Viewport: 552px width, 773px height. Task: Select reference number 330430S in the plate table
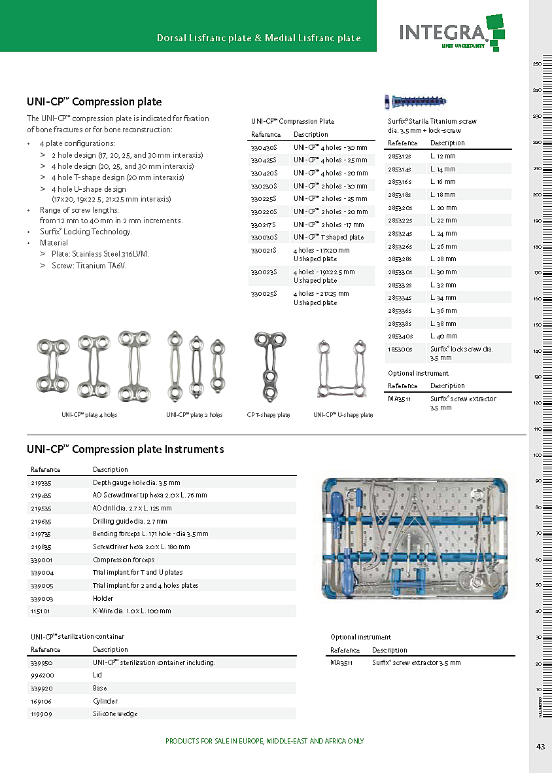pyautogui.click(x=264, y=148)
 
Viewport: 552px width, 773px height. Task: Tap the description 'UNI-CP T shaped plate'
pyautogui.click(x=328, y=237)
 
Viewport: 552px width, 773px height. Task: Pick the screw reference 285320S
pyautogui.click(x=400, y=207)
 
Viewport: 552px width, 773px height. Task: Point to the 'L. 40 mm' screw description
pyautogui.click(x=443, y=336)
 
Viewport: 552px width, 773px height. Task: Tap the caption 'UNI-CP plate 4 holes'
pyautogui.click(x=90, y=415)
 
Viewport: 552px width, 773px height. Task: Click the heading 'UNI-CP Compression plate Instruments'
pyautogui.click(x=125, y=449)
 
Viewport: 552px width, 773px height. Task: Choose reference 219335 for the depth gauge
pyautogui.click(x=41, y=482)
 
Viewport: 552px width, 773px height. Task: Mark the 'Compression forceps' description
pyautogui.click(x=124, y=560)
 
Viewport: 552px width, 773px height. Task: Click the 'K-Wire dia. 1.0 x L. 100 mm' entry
pyautogui.click(x=131, y=611)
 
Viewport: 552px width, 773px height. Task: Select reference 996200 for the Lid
pyautogui.click(x=43, y=675)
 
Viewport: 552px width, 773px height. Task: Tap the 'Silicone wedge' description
pyautogui.click(x=115, y=713)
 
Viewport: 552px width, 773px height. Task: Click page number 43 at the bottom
pyautogui.click(x=540, y=747)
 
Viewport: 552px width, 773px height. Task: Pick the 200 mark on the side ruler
pyautogui.click(x=536, y=194)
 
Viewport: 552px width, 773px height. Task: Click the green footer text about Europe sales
pyautogui.click(x=264, y=741)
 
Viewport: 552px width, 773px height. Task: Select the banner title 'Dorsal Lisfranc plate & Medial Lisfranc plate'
pyautogui.click(x=259, y=38)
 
